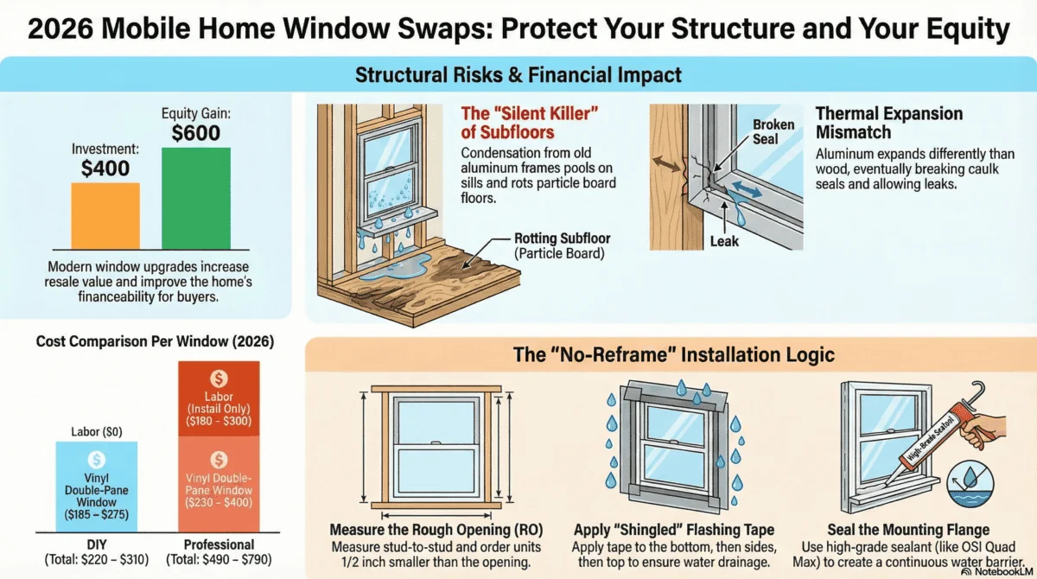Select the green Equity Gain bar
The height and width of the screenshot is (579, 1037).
[196, 198]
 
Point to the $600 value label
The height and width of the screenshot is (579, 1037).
[195, 133]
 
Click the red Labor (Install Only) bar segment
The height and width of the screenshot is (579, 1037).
[219, 398]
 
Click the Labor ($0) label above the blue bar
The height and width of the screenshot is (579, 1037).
[96, 431]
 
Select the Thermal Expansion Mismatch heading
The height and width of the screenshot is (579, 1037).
[888, 123]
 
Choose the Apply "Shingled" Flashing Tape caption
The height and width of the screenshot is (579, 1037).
[674, 529]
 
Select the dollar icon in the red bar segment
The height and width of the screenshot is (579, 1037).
[219, 378]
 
